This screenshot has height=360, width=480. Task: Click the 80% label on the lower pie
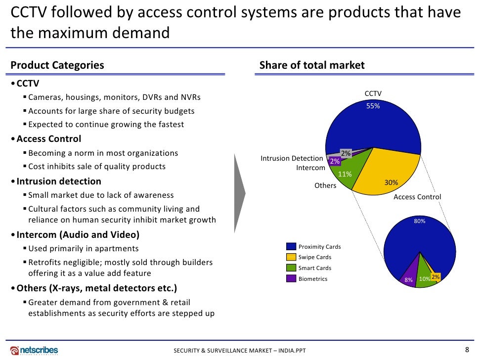pos(420,222)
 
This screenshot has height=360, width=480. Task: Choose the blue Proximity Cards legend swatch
pos(291,246)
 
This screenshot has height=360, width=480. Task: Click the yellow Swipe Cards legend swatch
pos(291,257)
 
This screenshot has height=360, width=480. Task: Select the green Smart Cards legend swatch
pos(291,268)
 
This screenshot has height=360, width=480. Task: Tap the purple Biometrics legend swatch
pos(291,279)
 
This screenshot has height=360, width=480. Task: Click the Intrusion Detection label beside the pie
pos(292,158)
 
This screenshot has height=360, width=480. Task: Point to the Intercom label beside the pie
pos(310,168)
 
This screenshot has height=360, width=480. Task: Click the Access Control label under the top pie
pos(417,197)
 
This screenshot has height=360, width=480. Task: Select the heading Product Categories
pos(57,65)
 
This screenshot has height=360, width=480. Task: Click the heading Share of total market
pos(312,65)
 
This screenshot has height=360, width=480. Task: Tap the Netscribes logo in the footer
pos(34,350)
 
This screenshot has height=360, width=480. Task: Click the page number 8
pos(467,349)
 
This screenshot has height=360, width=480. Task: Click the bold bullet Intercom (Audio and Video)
pos(78,234)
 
